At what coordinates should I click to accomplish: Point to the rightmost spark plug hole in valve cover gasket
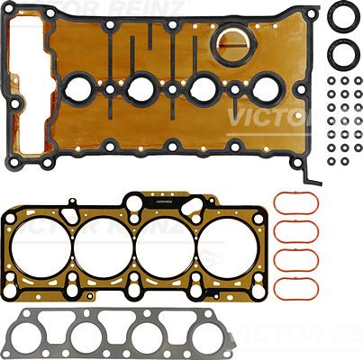click(266, 89)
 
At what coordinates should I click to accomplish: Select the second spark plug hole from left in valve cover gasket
click(141, 89)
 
